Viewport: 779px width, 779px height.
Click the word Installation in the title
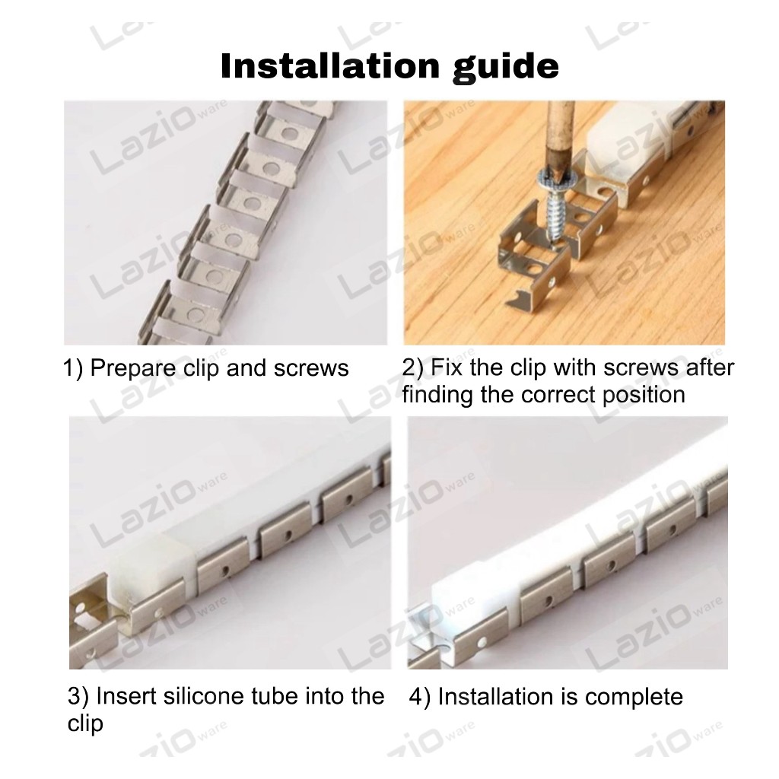pos(330,65)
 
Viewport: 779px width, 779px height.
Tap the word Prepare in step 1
pos(133,369)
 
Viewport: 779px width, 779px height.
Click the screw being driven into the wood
pos(553,205)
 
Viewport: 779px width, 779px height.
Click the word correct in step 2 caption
pos(558,396)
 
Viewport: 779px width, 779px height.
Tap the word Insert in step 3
pos(126,696)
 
